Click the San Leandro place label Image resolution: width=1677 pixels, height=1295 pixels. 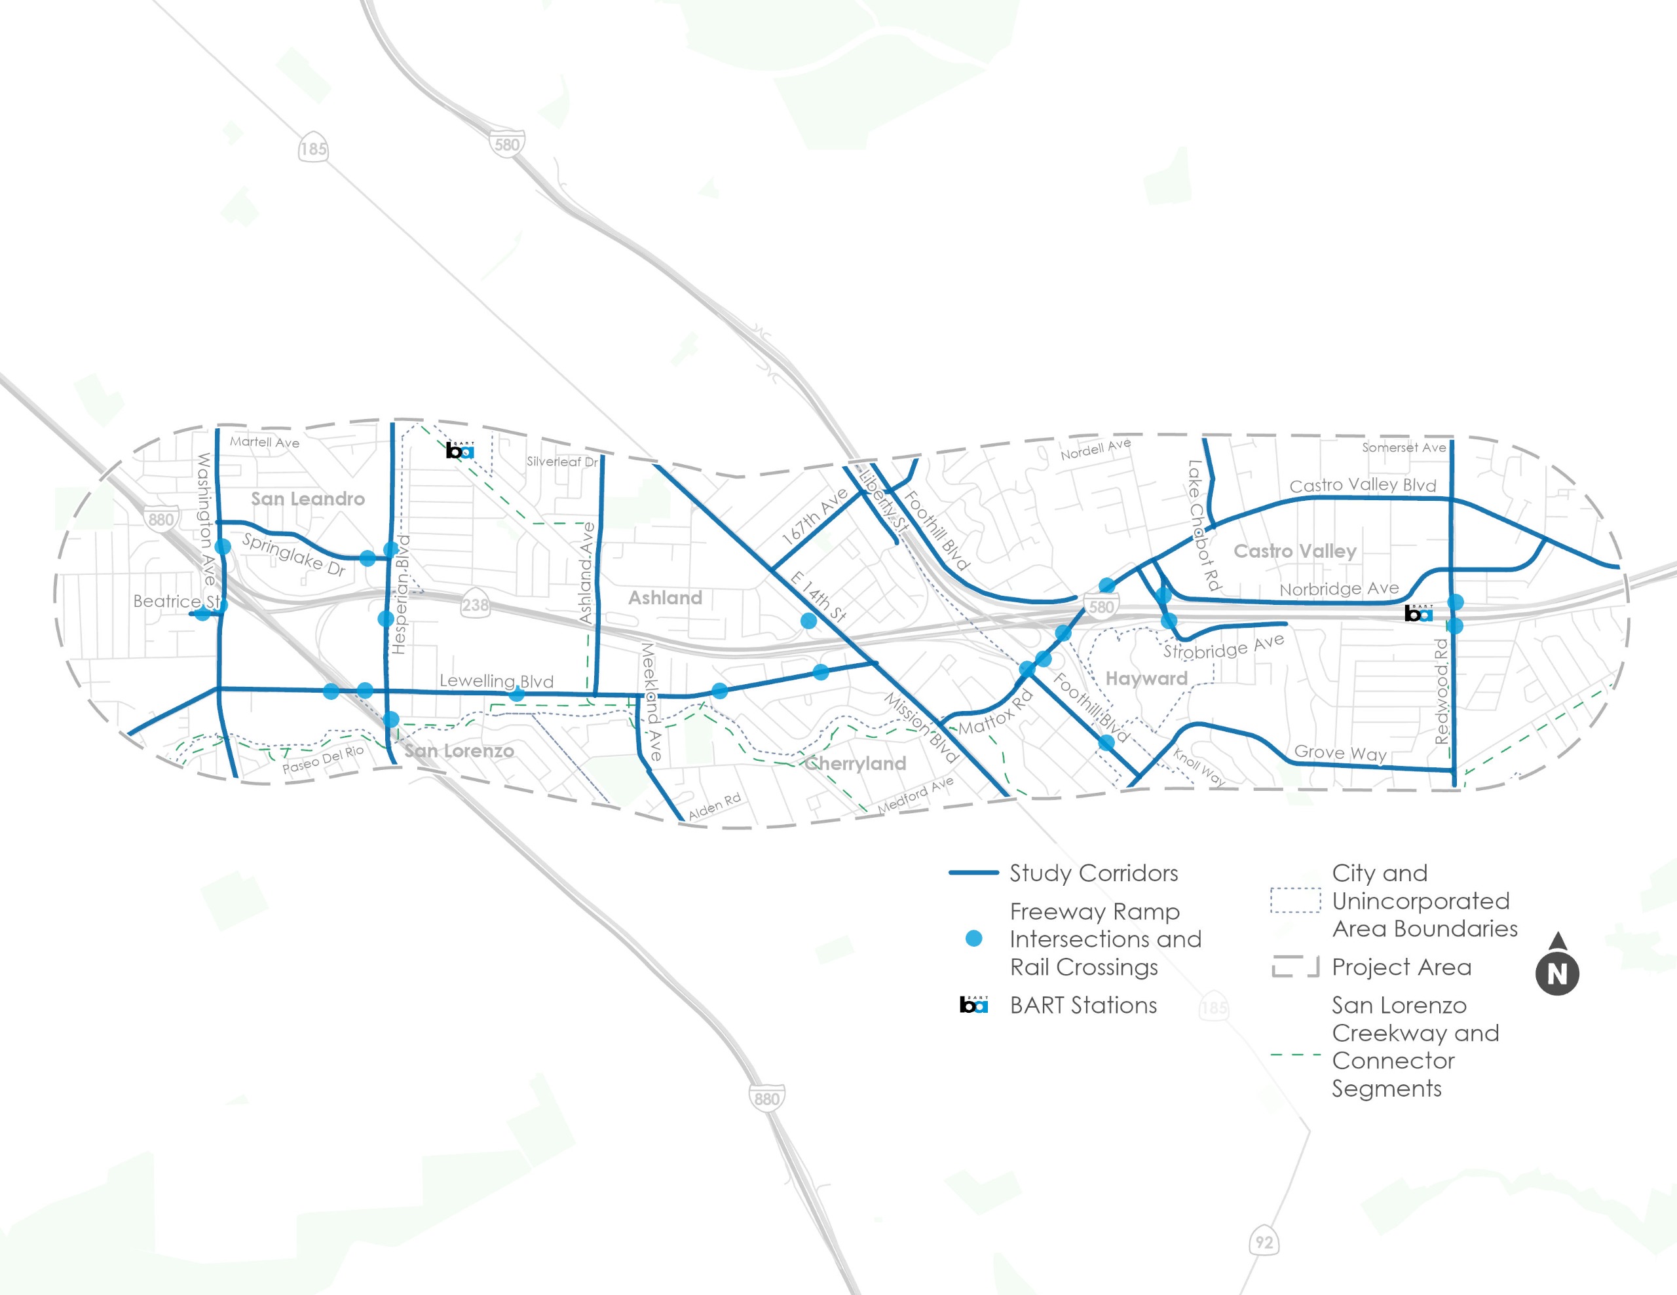[308, 499]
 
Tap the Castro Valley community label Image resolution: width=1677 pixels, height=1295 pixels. [1294, 551]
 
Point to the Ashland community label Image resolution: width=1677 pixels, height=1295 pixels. [665, 598]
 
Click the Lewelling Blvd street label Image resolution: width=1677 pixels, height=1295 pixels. [496, 681]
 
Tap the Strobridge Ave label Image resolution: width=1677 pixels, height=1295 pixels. [1223, 647]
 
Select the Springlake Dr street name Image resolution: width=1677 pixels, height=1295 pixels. [294, 553]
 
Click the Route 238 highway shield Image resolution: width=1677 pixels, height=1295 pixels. [476, 605]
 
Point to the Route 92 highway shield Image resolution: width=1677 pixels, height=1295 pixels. [1264, 1242]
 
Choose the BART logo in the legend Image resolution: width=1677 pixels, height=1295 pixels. [973, 1005]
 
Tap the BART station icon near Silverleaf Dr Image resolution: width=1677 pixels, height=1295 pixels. [460, 450]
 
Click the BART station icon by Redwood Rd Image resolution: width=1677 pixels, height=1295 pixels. [1418, 613]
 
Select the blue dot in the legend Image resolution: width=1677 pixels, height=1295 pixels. [973, 939]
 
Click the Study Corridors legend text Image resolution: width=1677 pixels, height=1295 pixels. [1093, 873]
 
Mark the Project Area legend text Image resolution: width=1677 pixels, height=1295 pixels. [1401, 967]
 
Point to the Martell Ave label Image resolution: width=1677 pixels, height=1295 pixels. [264, 442]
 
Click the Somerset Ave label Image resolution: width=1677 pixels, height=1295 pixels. [1404, 448]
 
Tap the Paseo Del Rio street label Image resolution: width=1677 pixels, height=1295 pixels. [322, 760]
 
